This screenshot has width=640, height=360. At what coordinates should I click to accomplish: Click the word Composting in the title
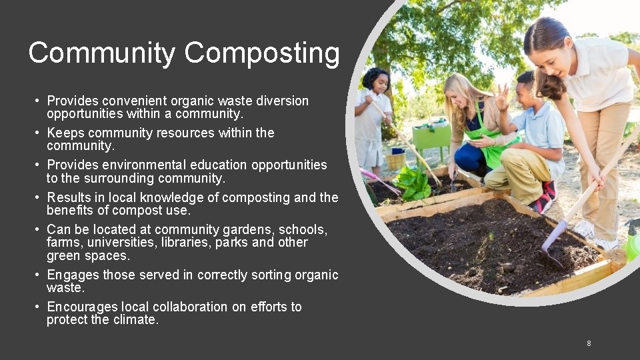coord(262,53)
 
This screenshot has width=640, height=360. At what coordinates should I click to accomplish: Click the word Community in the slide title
coord(102,53)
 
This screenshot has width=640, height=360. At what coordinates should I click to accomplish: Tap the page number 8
coord(589,343)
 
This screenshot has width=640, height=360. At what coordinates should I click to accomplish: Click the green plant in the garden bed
coord(411,183)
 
